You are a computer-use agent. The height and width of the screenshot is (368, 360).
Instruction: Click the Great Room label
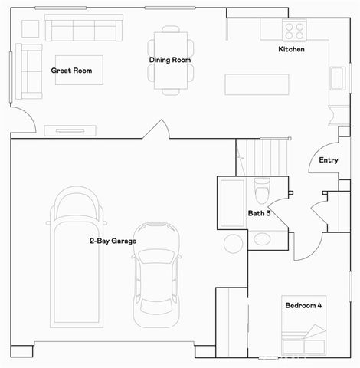click(x=71, y=71)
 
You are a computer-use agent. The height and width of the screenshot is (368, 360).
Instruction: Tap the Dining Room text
click(x=169, y=60)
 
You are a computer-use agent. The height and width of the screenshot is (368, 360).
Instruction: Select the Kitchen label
click(x=291, y=50)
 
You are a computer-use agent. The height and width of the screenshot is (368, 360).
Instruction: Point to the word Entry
click(x=329, y=160)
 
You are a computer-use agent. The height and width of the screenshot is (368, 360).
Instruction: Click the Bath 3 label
click(x=257, y=214)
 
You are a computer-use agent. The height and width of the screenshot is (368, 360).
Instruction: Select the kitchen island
click(x=257, y=84)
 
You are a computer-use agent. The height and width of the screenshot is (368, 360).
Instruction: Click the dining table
click(x=169, y=60)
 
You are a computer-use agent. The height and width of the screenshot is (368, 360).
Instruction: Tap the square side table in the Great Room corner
click(x=29, y=28)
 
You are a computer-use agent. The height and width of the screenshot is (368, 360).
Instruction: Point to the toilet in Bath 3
click(x=262, y=188)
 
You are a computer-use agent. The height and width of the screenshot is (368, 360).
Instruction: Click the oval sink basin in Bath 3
click(x=262, y=238)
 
